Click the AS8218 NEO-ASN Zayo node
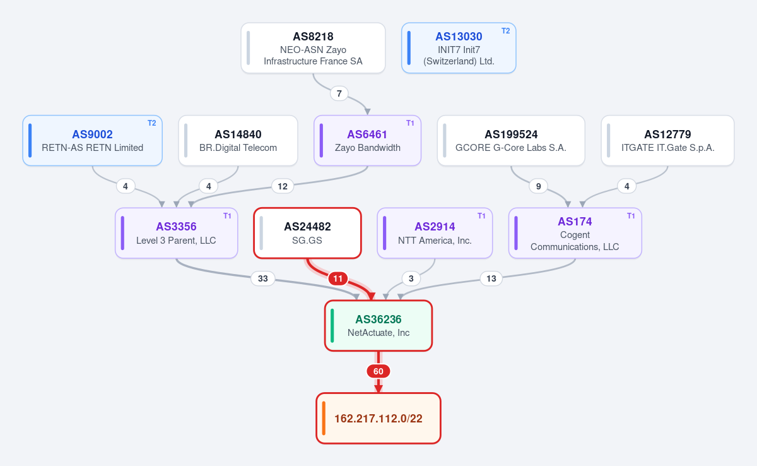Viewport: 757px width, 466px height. click(313, 48)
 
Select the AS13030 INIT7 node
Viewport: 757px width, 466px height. click(459, 48)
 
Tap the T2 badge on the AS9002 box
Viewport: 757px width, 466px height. click(152, 123)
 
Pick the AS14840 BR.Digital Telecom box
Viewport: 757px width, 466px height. click(238, 140)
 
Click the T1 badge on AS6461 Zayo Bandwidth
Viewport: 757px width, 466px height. click(410, 123)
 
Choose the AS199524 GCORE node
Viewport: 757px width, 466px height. click(511, 140)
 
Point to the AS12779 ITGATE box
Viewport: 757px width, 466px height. click(667, 140)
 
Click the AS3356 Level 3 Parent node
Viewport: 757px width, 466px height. click(177, 233)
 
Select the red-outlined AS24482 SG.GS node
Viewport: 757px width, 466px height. click(308, 233)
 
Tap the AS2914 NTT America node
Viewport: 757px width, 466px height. click(435, 233)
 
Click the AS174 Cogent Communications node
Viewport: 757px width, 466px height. click(575, 233)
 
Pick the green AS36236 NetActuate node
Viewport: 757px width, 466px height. click(378, 326)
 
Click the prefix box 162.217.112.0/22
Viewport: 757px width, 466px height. click(378, 418)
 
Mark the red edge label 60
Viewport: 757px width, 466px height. click(378, 371)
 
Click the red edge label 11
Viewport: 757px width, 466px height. click(338, 278)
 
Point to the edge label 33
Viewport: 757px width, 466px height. click(263, 278)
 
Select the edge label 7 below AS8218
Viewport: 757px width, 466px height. click(339, 93)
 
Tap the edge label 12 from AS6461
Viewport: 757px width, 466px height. click(283, 186)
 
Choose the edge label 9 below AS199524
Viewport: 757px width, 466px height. click(538, 186)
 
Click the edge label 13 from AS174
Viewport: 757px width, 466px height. click(491, 278)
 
